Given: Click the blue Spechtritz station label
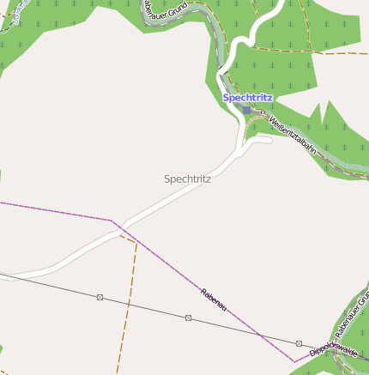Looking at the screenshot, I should pos(248,98).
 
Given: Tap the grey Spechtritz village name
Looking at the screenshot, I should pos(187,179).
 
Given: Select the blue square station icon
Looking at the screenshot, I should pos(247,110).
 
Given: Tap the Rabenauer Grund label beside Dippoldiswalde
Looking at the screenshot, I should pos(351,313).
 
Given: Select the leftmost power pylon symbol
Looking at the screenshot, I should pos(100,297).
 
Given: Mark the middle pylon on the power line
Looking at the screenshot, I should pos(188,318).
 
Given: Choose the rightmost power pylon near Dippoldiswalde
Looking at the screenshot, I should pos(299,343).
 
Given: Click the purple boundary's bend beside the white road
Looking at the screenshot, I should pos(112,221).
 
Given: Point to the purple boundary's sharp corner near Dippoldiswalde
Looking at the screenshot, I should pos(294,361).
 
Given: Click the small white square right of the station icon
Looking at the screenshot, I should pos(263,112).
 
